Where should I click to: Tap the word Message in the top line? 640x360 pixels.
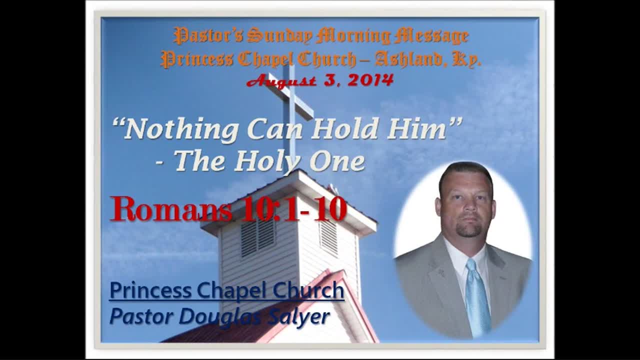coord(431,36)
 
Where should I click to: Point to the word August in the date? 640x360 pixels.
coord(281,81)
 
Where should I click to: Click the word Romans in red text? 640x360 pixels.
coord(171,208)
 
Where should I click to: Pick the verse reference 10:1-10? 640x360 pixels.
coord(293,209)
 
